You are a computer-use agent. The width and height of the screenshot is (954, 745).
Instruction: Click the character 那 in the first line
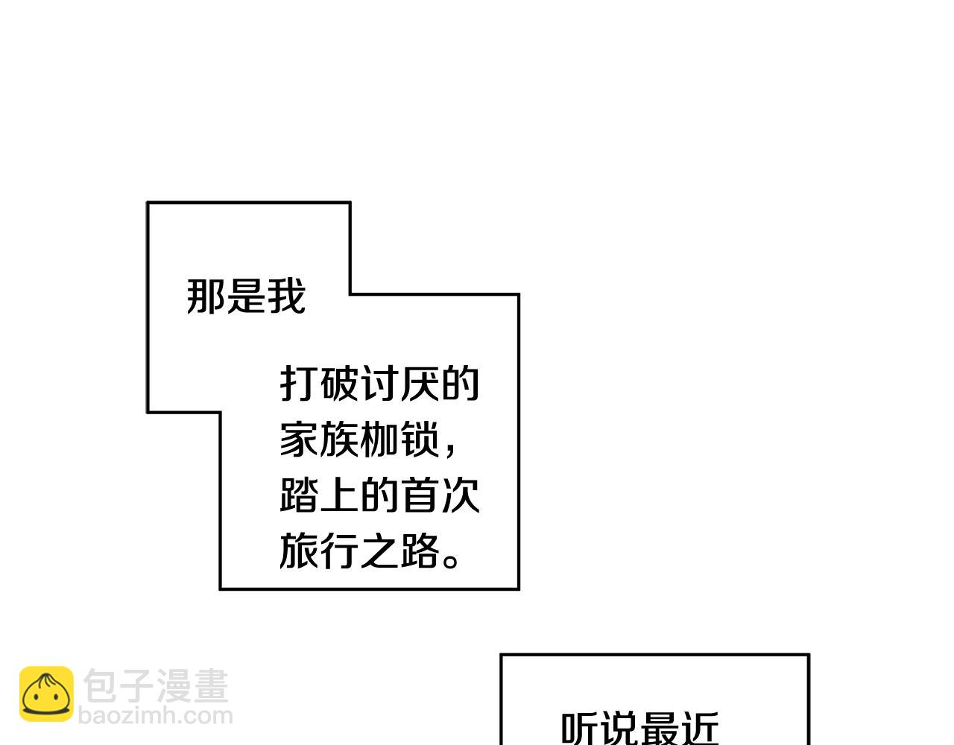pos(206,297)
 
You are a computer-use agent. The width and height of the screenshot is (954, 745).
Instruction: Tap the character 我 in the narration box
pos(286,297)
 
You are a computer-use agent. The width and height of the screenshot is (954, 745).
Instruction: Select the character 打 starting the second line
pos(300,384)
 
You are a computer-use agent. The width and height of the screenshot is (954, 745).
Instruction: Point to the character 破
pos(340,384)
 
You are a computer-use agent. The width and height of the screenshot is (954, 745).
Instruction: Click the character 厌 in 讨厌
pos(420,384)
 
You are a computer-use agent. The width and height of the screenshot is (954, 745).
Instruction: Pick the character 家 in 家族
pos(300,440)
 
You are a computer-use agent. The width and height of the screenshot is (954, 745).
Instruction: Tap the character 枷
pos(380,440)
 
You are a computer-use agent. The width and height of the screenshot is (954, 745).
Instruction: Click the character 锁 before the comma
pos(420,440)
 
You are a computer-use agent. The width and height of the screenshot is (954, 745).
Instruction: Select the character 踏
pos(300,495)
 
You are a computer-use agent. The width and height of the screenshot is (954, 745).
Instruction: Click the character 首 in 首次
pos(420,495)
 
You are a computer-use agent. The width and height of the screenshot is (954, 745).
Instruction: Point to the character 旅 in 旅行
pos(300,551)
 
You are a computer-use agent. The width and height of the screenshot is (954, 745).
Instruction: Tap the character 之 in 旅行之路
pos(380,551)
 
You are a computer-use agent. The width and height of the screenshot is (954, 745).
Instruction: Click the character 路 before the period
pos(420,551)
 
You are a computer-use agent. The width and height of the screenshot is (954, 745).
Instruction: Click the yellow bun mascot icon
pos(46,694)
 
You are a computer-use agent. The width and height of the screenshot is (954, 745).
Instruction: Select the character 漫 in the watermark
pos(174,685)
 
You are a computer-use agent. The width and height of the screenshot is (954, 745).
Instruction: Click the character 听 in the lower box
pos(580,729)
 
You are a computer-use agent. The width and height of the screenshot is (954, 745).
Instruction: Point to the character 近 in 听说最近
pos(699,729)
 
